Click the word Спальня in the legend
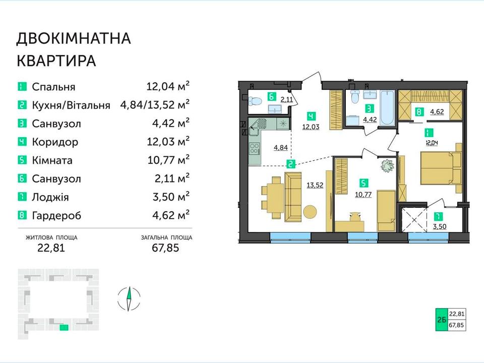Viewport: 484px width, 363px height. click(x=53, y=87)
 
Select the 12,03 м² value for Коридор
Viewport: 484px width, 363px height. click(x=168, y=141)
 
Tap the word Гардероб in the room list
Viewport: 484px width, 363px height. click(x=56, y=215)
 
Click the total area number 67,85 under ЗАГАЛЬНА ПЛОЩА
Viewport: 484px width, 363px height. click(x=165, y=248)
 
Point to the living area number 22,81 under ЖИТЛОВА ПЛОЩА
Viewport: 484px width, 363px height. click(x=51, y=248)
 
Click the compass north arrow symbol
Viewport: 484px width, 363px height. click(x=130, y=299)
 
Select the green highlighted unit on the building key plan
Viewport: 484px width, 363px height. click(x=64, y=327)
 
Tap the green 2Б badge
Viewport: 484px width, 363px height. click(x=441, y=320)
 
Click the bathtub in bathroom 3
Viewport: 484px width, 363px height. click(x=387, y=107)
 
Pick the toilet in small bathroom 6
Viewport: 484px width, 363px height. click(x=255, y=100)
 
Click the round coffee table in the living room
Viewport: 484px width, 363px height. click(x=310, y=212)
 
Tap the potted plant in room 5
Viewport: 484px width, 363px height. click(x=387, y=166)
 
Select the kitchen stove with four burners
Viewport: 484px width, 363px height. click(x=255, y=148)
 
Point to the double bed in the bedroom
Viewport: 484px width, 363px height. click(x=442, y=167)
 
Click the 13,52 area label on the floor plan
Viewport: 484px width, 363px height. click(x=315, y=185)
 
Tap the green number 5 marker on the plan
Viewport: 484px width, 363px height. click(x=364, y=183)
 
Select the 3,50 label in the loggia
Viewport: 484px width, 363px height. click(x=440, y=226)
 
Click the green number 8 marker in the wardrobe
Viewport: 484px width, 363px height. click(x=419, y=111)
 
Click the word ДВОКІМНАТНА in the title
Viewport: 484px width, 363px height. click(x=74, y=38)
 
